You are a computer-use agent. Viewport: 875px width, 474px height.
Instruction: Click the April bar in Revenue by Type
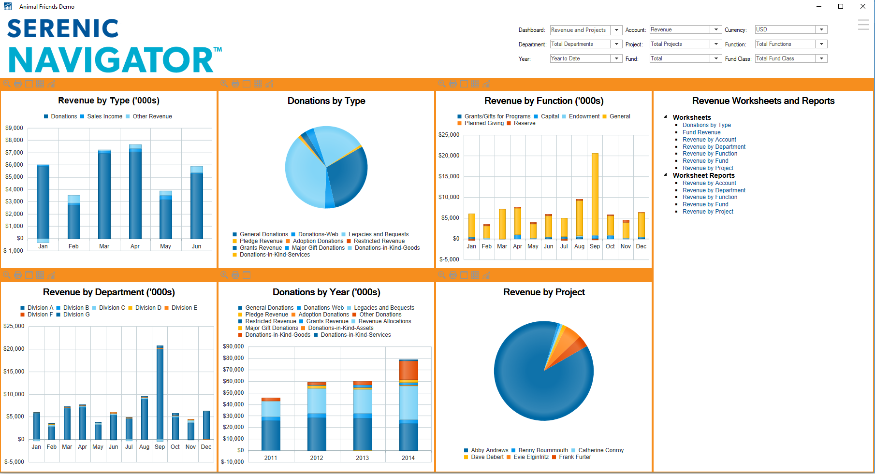(135, 193)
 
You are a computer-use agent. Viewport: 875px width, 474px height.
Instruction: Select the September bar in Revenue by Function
(595, 193)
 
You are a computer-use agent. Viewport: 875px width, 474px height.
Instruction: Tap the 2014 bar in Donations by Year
(408, 411)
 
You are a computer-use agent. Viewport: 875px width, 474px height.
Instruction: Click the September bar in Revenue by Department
(160, 391)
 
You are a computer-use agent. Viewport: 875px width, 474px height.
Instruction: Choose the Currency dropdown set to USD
(791, 30)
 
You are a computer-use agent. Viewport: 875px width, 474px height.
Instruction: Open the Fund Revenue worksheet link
(701, 132)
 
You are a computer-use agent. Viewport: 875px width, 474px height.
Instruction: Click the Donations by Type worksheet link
(706, 125)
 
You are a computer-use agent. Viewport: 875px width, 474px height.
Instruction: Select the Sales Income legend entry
(104, 116)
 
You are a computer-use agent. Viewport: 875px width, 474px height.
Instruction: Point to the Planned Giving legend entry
(484, 123)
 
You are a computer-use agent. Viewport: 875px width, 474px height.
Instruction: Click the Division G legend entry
(76, 315)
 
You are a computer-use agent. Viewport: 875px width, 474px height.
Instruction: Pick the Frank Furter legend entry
(575, 457)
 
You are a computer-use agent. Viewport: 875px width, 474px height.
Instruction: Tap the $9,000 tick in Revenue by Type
(14, 128)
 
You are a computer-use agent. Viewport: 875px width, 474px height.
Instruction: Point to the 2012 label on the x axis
(317, 458)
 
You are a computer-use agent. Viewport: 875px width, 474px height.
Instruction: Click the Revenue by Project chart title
(544, 292)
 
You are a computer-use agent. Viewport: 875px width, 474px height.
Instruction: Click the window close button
(863, 6)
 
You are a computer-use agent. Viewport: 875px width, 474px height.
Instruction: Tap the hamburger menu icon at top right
(863, 25)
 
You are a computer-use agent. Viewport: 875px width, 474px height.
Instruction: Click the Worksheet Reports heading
(703, 175)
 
